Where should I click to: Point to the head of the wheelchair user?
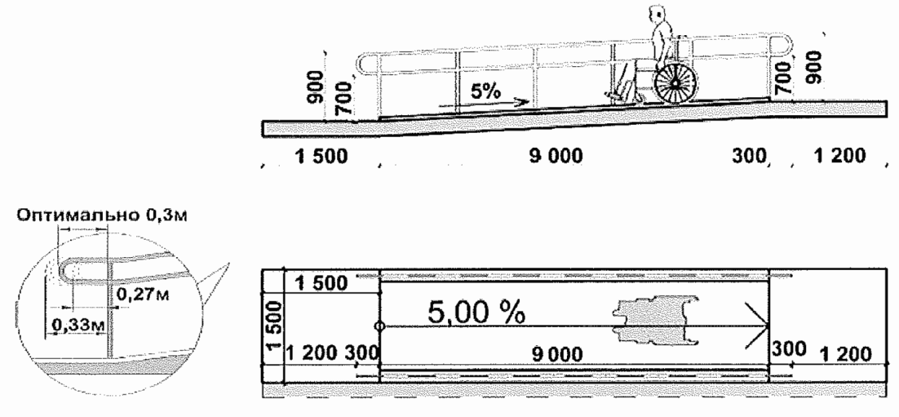(658, 17)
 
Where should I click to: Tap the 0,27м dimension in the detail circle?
(139, 293)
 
